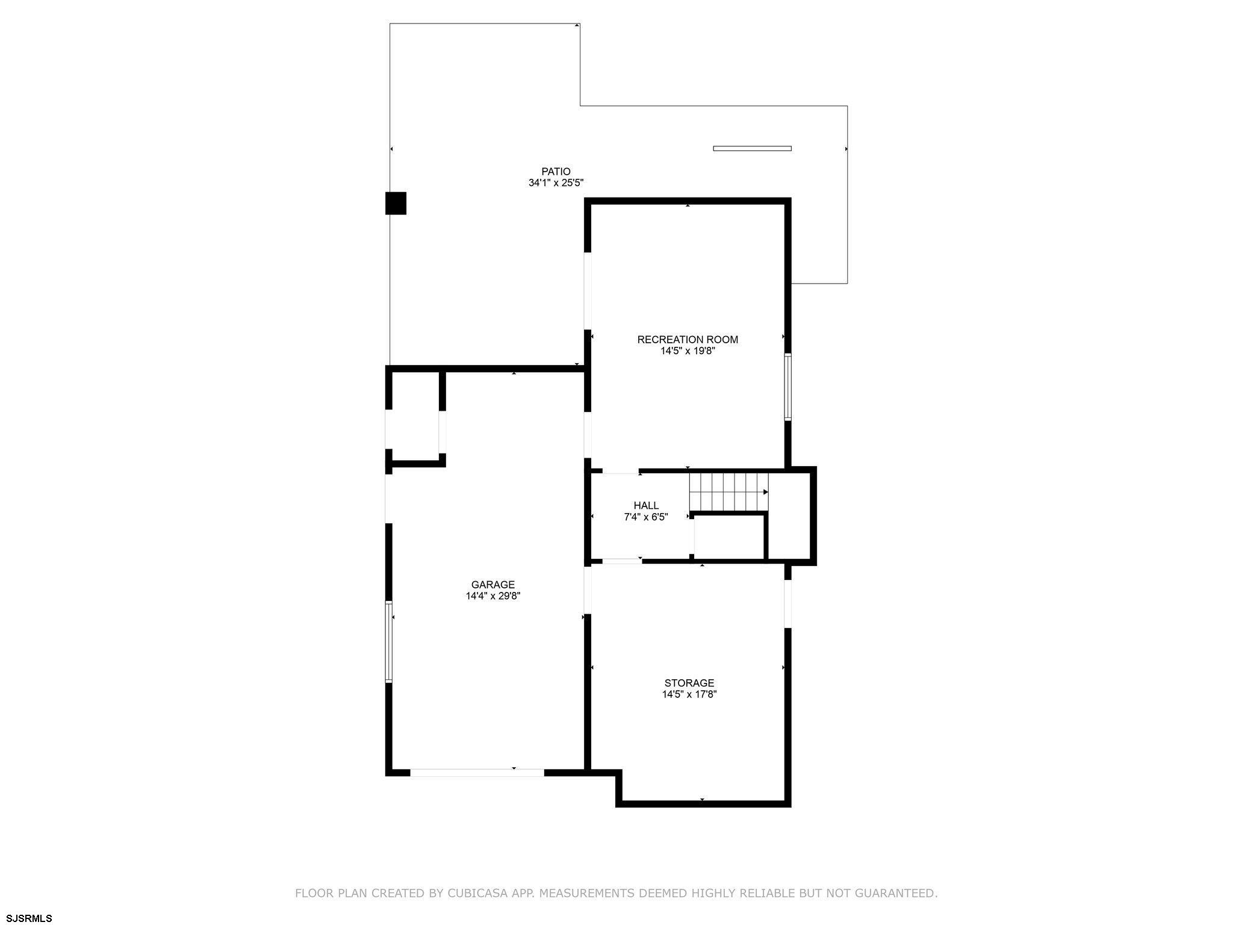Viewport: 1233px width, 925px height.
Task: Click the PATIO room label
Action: pyautogui.click(x=556, y=172)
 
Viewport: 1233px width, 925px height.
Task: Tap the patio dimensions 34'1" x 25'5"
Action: pyautogui.click(x=556, y=183)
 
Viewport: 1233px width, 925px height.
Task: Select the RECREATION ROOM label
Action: pyautogui.click(x=688, y=340)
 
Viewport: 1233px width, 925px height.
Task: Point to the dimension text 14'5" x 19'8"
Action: pyautogui.click(x=688, y=351)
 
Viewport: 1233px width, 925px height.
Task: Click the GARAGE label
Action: pyautogui.click(x=493, y=585)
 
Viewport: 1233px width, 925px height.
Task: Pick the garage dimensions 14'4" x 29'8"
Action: pyautogui.click(x=493, y=596)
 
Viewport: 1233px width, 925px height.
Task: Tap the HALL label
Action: pyautogui.click(x=646, y=506)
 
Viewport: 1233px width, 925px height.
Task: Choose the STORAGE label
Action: pyautogui.click(x=689, y=683)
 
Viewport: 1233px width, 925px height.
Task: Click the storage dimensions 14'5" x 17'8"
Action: pyautogui.click(x=689, y=694)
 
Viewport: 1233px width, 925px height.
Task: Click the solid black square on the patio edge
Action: pyautogui.click(x=396, y=204)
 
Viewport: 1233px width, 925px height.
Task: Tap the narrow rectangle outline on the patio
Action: pyautogui.click(x=752, y=148)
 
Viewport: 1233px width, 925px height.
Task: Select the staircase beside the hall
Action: pyautogui.click(x=729, y=492)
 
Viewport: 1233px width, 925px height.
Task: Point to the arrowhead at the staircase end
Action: pyautogui.click(x=766, y=492)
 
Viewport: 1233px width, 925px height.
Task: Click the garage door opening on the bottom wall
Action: pyautogui.click(x=477, y=773)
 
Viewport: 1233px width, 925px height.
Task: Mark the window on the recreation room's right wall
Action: pyautogui.click(x=787, y=387)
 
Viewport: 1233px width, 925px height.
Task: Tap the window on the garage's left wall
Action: pyautogui.click(x=389, y=642)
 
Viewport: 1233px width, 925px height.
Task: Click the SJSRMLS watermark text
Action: pyautogui.click(x=30, y=918)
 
